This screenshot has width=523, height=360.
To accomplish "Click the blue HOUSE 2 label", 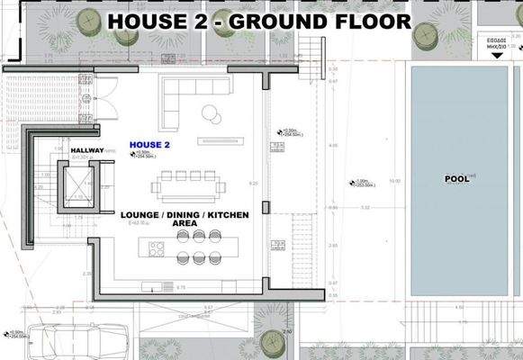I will pos(149,144).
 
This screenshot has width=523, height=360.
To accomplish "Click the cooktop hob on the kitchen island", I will pos(155,247).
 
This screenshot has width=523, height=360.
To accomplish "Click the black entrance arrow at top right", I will pos(498,55).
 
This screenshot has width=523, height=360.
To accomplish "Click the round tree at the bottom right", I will pos(272,341).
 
